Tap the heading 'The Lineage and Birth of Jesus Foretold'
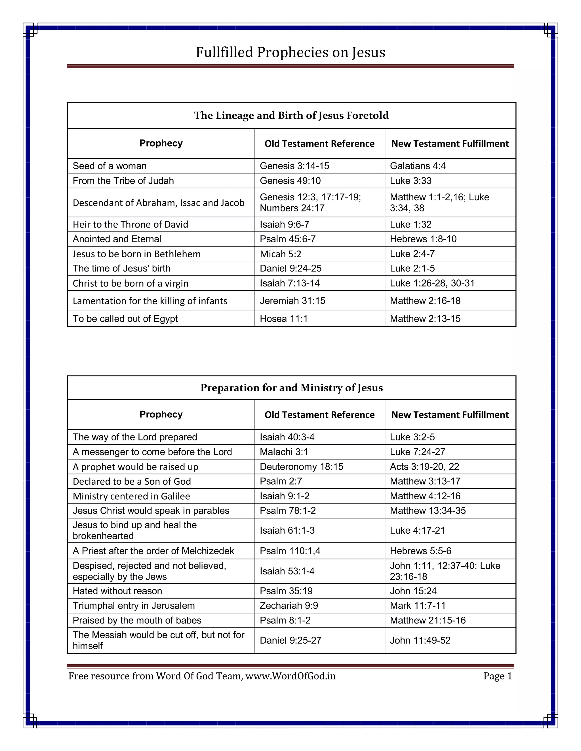pos(291,115)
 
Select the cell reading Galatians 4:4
pos(418,166)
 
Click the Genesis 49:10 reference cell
pos(290,181)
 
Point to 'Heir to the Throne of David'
pos(130,224)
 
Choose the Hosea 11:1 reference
pos(283,319)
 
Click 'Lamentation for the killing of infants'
pos(150,301)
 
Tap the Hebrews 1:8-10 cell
pos(423,239)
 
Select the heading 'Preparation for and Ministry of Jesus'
pos(291,388)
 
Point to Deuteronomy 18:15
pos(301,467)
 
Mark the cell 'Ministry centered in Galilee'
pos(131,496)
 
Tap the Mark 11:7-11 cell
pos(418,606)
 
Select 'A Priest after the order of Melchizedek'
pos(153,551)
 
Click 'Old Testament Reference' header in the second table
pos(319,415)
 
